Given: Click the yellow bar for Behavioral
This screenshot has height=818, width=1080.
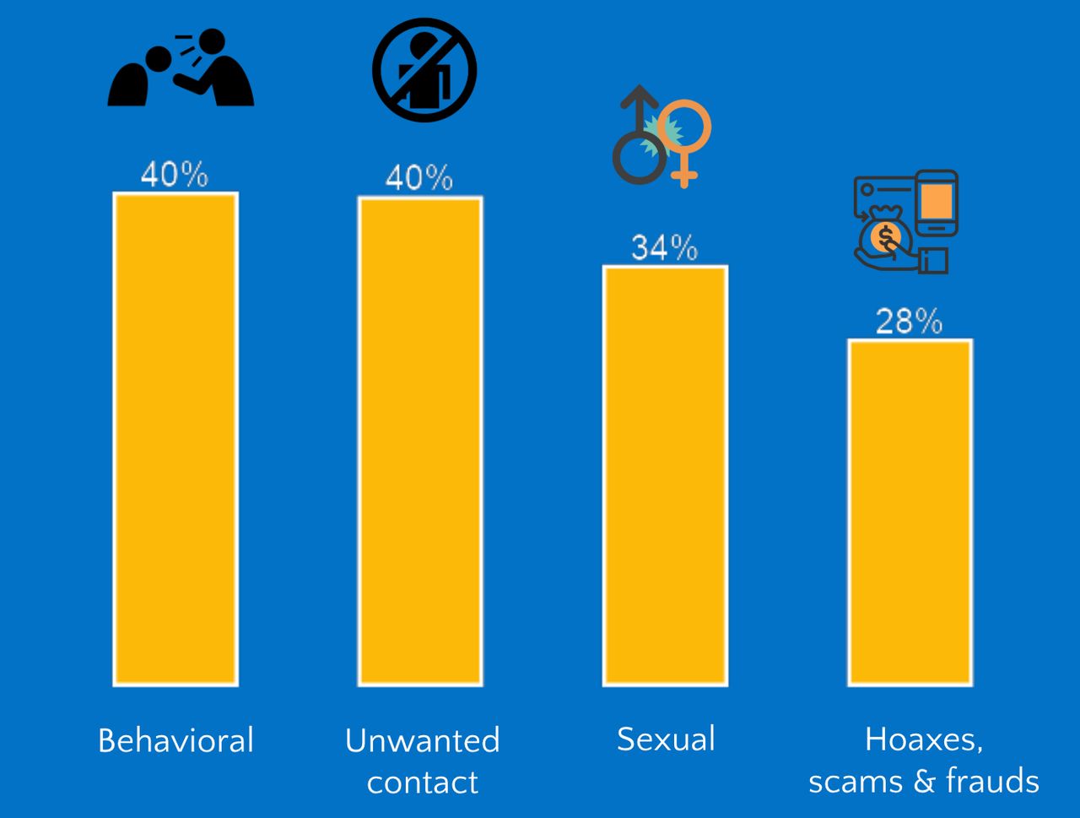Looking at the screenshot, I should (x=175, y=439).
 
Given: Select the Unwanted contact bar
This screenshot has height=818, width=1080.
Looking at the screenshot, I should (x=420, y=441).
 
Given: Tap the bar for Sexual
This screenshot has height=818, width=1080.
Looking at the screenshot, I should (x=665, y=475).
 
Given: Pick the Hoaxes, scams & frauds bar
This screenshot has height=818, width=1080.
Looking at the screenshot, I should (x=910, y=512).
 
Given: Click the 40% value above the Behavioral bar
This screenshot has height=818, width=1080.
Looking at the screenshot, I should (x=174, y=175).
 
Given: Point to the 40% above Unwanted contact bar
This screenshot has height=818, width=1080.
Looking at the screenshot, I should (x=418, y=178).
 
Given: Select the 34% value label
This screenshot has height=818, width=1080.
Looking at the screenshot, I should (x=665, y=248).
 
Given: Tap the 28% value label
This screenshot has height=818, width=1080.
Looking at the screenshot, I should (x=909, y=322).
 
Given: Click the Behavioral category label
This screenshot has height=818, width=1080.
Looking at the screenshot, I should (x=175, y=740).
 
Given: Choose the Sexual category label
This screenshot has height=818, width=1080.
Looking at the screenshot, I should (x=666, y=739).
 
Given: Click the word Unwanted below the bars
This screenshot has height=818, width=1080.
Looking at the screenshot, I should (x=422, y=740).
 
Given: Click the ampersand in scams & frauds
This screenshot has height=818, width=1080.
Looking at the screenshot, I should (x=923, y=782).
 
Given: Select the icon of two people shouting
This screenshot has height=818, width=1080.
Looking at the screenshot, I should (x=181, y=69).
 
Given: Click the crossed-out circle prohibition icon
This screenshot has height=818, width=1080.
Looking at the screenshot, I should (x=424, y=70).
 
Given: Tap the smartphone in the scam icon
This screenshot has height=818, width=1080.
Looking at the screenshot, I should (x=937, y=203).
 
